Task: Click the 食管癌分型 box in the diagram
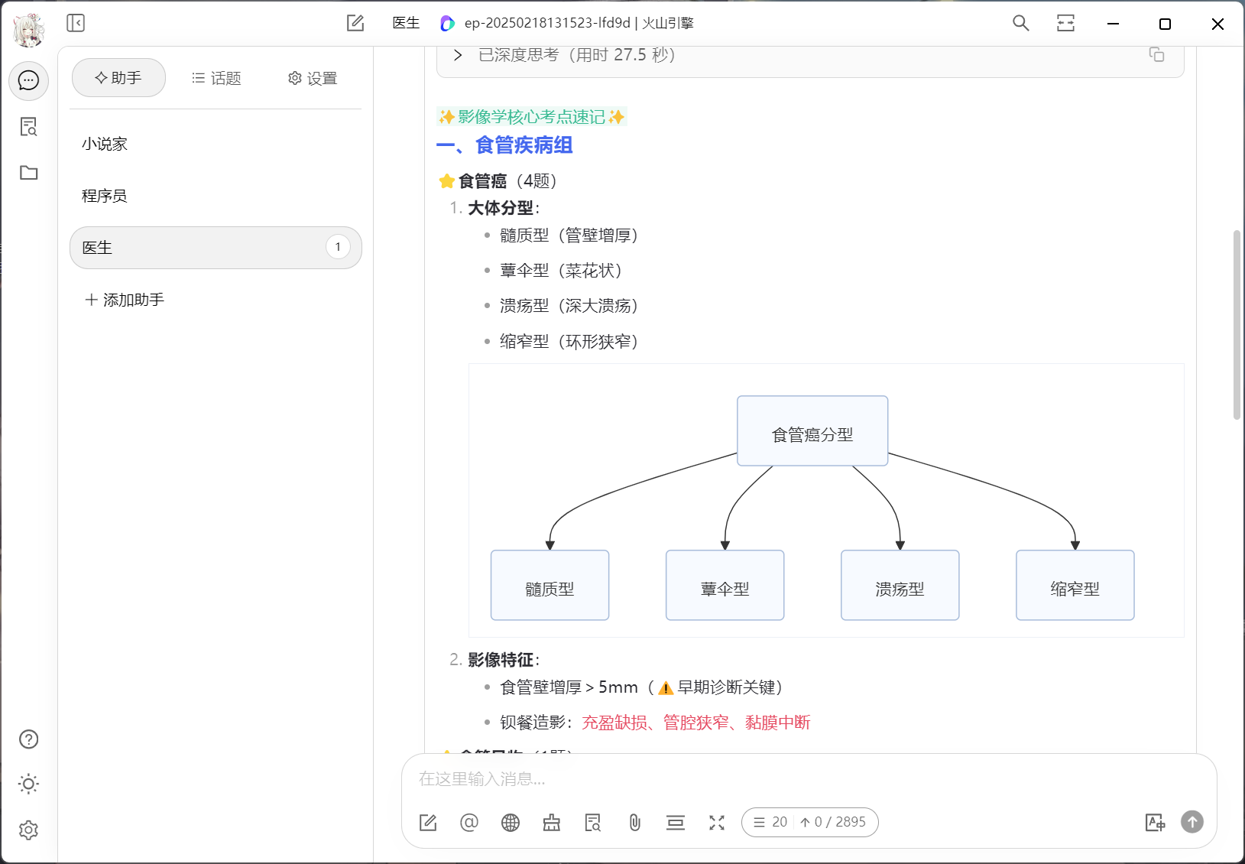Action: (812, 431)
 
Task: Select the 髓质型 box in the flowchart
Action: (550, 585)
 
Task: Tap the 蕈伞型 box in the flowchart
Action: (725, 585)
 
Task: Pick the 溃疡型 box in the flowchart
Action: (900, 585)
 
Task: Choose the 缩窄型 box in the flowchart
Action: (1075, 585)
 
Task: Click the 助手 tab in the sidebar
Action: (118, 78)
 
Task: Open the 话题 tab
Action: (216, 79)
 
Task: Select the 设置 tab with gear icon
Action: (313, 79)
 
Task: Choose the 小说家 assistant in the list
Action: (105, 144)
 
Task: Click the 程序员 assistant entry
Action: (105, 196)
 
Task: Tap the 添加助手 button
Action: (125, 300)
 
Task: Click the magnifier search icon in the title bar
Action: (1020, 24)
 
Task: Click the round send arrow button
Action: (1192, 822)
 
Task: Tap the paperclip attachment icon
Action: (634, 822)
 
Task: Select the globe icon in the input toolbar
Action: (511, 822)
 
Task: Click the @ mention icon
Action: (469, 822)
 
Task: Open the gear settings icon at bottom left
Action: (28, 830)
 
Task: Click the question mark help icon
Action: (28, 739)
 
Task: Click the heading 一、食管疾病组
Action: (504, 145)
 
